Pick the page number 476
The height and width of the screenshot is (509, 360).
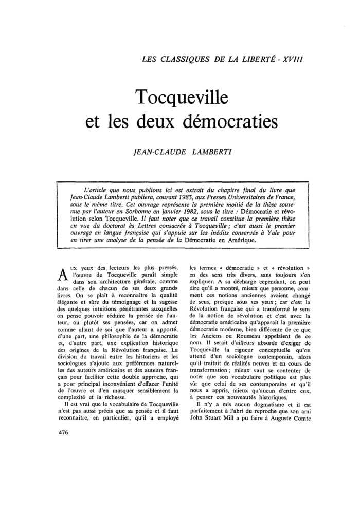tap(64, 446)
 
